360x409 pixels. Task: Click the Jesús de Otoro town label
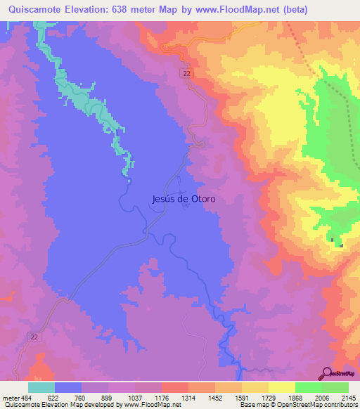184,199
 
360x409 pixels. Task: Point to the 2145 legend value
347,398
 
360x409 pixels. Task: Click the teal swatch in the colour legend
41,387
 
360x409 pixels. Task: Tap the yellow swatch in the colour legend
282,387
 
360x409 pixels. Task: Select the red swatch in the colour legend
175,387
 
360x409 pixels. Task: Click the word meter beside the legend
10,398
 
